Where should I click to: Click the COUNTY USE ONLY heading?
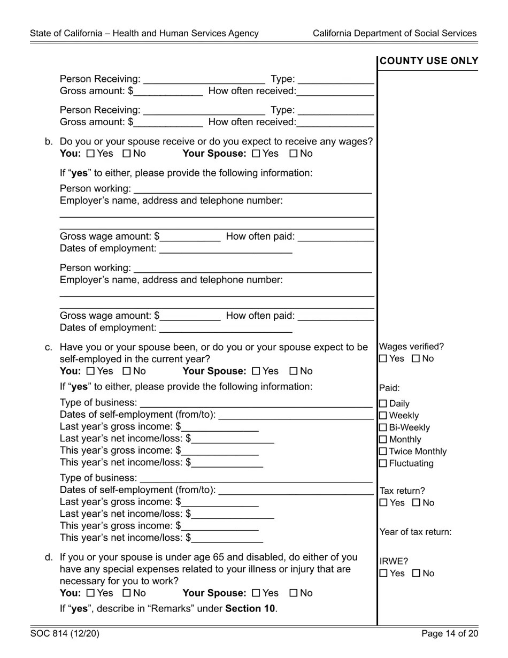click(x=428, y=62)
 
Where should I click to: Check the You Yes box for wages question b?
click(x=90, y=154)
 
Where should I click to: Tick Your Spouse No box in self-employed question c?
click(x=294, y=371)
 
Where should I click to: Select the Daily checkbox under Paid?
click(x=383, y=404)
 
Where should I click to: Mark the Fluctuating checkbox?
click(x=383, y=464)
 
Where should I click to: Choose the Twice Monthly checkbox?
click(x=383, y=452)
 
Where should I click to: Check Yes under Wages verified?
click(x=383, y=359)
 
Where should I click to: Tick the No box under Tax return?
click(x=417, y=503)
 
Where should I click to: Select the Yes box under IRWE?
click(x=383, y=573)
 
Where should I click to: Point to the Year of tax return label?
click(x=415, y=532)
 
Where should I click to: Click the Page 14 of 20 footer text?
click(x=449, y=634)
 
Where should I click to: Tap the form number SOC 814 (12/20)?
click(x=65, y=634)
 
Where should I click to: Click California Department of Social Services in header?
click(x=394, y=33)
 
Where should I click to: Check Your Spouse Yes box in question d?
click(x=256, y=593)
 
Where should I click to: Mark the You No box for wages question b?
click(x=127, y=154)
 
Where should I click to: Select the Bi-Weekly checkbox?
click(x=383, y=428)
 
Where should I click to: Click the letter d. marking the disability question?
click(x=49, y=557)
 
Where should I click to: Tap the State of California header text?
click(x=144, y=33)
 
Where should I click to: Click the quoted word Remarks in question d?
click(x=168, y=609)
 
